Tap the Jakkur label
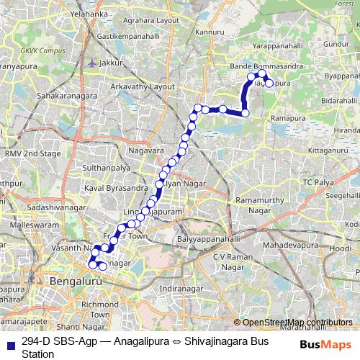coord(113,63)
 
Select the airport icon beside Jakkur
coord(91,62)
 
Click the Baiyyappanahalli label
coord(209,238)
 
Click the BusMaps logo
coord(320,345)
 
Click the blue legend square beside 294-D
coord(10,341)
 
